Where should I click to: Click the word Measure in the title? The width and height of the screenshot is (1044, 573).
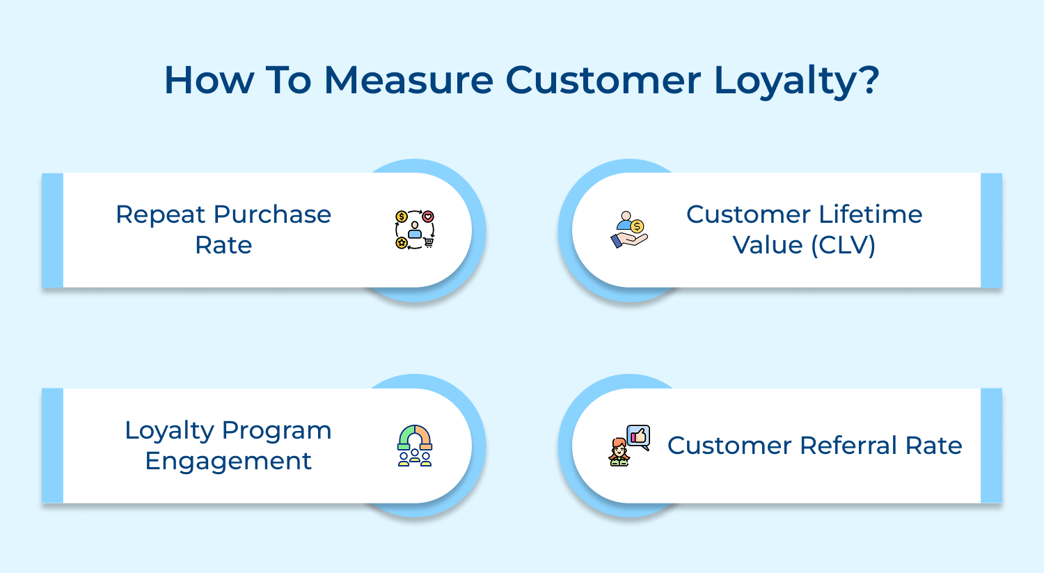tap(409, 80)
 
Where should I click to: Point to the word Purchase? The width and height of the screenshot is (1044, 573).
tap(272, 214)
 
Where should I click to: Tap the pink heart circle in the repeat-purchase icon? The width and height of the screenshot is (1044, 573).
tap(428, 217)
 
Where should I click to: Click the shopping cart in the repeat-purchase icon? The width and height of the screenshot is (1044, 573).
tap(428, 242)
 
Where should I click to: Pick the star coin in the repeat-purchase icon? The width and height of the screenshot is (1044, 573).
tap(402, 242)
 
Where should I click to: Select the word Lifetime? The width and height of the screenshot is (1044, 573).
tap(870, 214)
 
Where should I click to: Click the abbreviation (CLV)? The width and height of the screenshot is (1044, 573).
tap(840, 245)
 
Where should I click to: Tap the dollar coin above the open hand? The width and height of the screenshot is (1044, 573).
tap(637, 226)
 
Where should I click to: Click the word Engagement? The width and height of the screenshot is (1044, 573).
tap(228, 461)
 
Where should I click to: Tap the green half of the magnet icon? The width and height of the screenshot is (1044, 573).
tap(404, 438)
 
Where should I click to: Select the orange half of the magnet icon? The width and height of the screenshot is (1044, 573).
tap(425, 438)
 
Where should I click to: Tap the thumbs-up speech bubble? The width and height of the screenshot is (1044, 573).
tap(638, 437)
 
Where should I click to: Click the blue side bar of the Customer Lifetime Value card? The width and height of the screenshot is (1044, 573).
tap(991, 230)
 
